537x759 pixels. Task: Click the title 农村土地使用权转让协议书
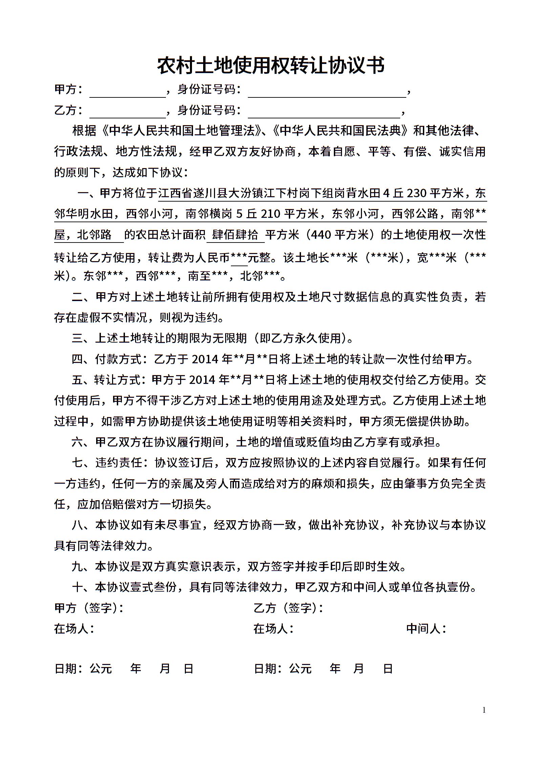pos(271,66)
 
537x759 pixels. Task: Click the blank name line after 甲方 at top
pos(127,92)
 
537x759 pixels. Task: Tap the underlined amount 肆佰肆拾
pos(235,235)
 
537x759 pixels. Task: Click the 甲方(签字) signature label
pos(89,608)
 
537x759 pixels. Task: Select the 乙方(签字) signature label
pos(288,608)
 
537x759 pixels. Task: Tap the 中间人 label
pos(426,629)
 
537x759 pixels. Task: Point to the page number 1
pos(484,710)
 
